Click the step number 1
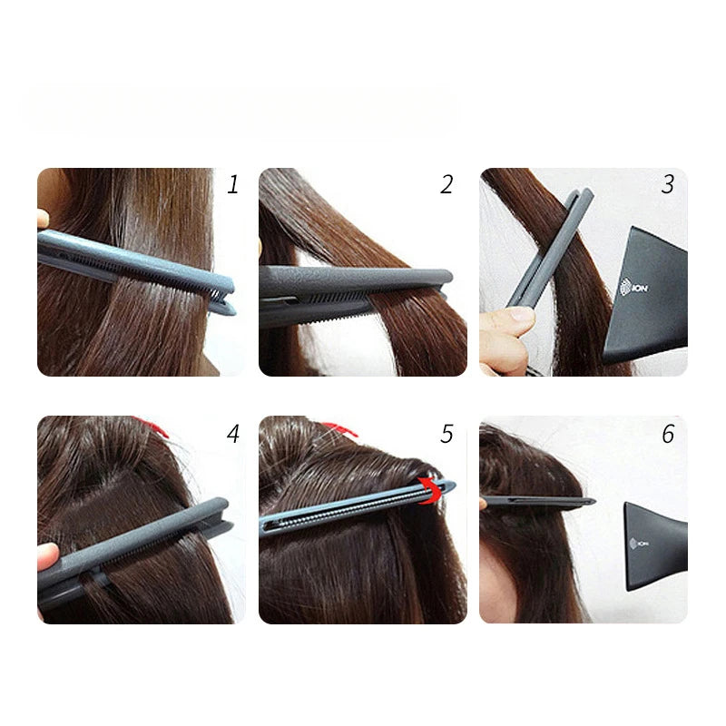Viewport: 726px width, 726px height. coord(233,185)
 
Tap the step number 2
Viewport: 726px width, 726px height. coord(446,185)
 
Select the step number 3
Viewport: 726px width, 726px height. coord(668,185)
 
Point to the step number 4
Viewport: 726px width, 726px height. coord(233,434)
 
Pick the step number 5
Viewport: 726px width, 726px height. coord(446,434)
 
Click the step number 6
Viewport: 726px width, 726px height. coord(668,434)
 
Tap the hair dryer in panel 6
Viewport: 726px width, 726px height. coord(659,544)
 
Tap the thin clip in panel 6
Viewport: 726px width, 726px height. coord(535,501)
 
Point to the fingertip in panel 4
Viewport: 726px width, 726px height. coord(47,556)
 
